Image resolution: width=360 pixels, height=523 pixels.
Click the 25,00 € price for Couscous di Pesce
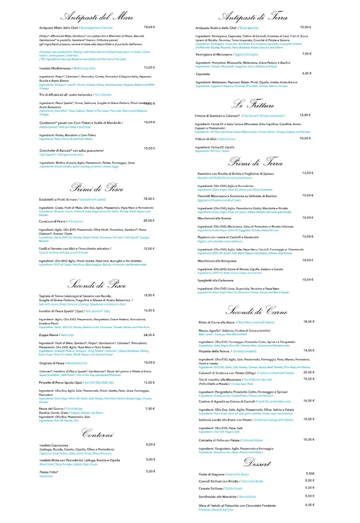coord(149,221)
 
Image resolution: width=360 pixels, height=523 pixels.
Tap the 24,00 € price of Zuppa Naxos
coord(149,335)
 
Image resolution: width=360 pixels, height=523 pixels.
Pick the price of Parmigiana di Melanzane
coord(306,54)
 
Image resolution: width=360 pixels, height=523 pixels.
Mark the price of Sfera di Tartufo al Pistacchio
coord(309,505)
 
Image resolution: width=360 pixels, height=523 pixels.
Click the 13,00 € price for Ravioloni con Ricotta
coord(307,173)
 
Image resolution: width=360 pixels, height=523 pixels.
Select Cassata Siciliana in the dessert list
coord(212,488)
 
